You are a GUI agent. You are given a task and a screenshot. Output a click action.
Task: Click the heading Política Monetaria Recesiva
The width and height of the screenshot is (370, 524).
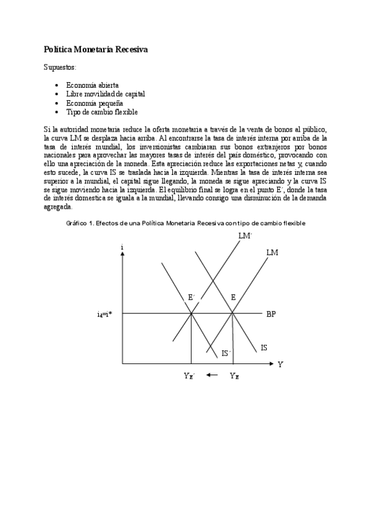click(x=96, y=49)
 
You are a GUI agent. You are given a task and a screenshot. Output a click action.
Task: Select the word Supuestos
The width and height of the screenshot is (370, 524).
click(x=61, y=66)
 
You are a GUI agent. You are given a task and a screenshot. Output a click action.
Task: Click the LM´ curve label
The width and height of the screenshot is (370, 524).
click(x=245, y=235)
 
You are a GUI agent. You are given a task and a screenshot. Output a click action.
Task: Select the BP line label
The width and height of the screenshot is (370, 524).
click(x=271, y=314)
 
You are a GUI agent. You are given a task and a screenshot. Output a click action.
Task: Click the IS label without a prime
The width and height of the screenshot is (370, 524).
click(x=264, y=348)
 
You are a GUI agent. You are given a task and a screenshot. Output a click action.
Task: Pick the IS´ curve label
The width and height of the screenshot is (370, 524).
click(x=226, y=353)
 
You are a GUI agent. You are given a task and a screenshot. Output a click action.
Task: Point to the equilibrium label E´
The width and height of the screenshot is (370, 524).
click(x=191, y=298)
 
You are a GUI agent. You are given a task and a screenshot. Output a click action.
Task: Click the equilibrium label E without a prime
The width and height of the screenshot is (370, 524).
click(x=233, y=298)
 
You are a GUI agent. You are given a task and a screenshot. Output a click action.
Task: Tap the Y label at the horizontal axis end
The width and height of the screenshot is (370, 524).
click(x=280, y=365)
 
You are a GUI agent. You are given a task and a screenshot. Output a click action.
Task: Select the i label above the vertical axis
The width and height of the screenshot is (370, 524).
click(x=122, y=247)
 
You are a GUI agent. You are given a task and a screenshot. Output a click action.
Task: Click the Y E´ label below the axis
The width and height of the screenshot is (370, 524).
click(x=189, y=376)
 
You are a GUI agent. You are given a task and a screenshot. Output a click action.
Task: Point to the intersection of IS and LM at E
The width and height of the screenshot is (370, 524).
click(x=233, y=313)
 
